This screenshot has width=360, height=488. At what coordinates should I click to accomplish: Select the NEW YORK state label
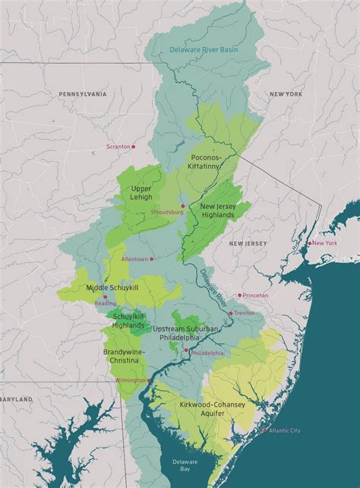pyautogui.click(x=287, y=93)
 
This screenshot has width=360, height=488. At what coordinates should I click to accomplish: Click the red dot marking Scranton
pyautogui.click(x=134, y=146)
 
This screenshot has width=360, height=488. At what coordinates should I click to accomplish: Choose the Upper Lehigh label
pyautogui.click(x=141, y=192)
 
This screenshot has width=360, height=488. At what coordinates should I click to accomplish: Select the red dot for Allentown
pyautogui.click(x=152, y=258)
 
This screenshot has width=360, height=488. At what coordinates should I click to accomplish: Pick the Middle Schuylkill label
pyautogui.click(x=112, y=288)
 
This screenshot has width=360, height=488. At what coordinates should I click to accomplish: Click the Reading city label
pyautogui.click(x=105, y=302)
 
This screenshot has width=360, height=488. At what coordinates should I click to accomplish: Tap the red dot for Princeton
pyautogui.click(x=240, y=295)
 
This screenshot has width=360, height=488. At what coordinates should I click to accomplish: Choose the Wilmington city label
pyautogui.click(x=130, y=379)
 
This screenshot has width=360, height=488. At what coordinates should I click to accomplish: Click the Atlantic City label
pyautogui.click(x=285, y=430)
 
